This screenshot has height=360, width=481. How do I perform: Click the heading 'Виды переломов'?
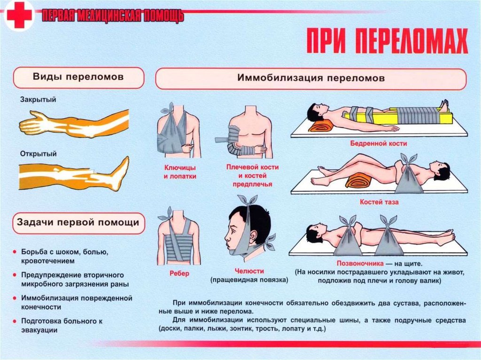(x=78, y=77)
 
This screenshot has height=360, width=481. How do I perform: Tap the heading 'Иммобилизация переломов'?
(x=311, y=78)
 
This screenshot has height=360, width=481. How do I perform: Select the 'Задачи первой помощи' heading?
(x=78, y=222)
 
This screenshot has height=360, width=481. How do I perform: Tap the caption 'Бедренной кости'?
(x=379, y=143)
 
